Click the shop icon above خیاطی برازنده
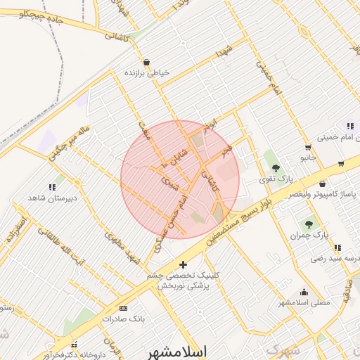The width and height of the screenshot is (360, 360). point(146,62)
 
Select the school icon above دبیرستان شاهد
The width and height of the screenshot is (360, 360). point(51,187)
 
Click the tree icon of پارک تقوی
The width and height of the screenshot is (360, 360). point(276,168)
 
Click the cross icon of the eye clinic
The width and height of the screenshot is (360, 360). point(184,265)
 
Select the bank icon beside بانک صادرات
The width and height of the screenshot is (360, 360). point(124,308)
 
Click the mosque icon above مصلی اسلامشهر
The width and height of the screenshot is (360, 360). point(304,292)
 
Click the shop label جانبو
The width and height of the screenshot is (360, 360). point(308,157)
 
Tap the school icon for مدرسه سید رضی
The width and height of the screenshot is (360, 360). point(338,247)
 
